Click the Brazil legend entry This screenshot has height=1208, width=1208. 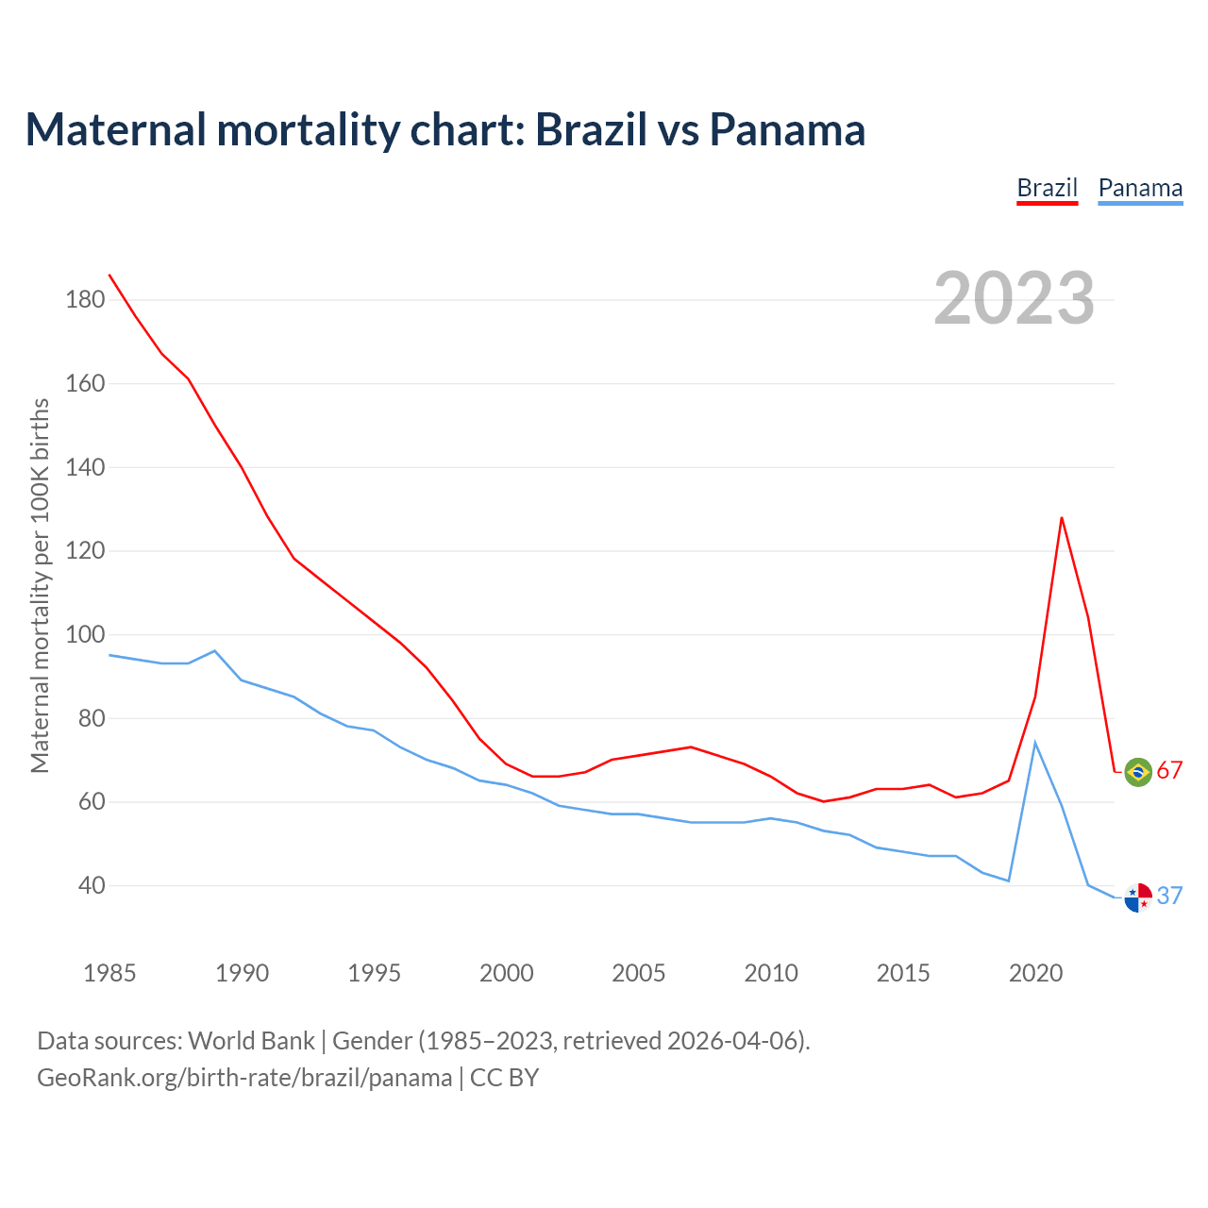(1047, 188)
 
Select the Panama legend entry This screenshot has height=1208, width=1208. (1140, 188)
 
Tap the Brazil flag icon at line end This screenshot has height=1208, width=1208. (1138, 771)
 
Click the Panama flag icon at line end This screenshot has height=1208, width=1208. (1138, 897)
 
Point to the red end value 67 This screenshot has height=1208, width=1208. (1169, 771)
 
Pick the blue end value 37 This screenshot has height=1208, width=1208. (1169, 896)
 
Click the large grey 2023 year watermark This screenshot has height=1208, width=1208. (1015, 298)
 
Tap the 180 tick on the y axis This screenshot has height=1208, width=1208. (85, 300)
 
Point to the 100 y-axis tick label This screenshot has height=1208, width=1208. (85, 634)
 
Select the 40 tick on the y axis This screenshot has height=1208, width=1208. (91, 885)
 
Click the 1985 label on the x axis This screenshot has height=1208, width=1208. (109, 973)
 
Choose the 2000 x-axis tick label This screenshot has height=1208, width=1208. (507, 973)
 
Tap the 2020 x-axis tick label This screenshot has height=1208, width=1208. (1035, 973)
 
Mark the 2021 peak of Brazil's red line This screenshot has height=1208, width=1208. (1062, 517)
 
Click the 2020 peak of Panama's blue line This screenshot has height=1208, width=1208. (1035, 743)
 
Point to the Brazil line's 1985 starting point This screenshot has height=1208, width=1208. (109, 275)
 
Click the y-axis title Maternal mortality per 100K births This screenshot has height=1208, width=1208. (40, 585)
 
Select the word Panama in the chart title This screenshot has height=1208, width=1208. (787, 129)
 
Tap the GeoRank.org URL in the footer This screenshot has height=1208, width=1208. (244, 1078)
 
